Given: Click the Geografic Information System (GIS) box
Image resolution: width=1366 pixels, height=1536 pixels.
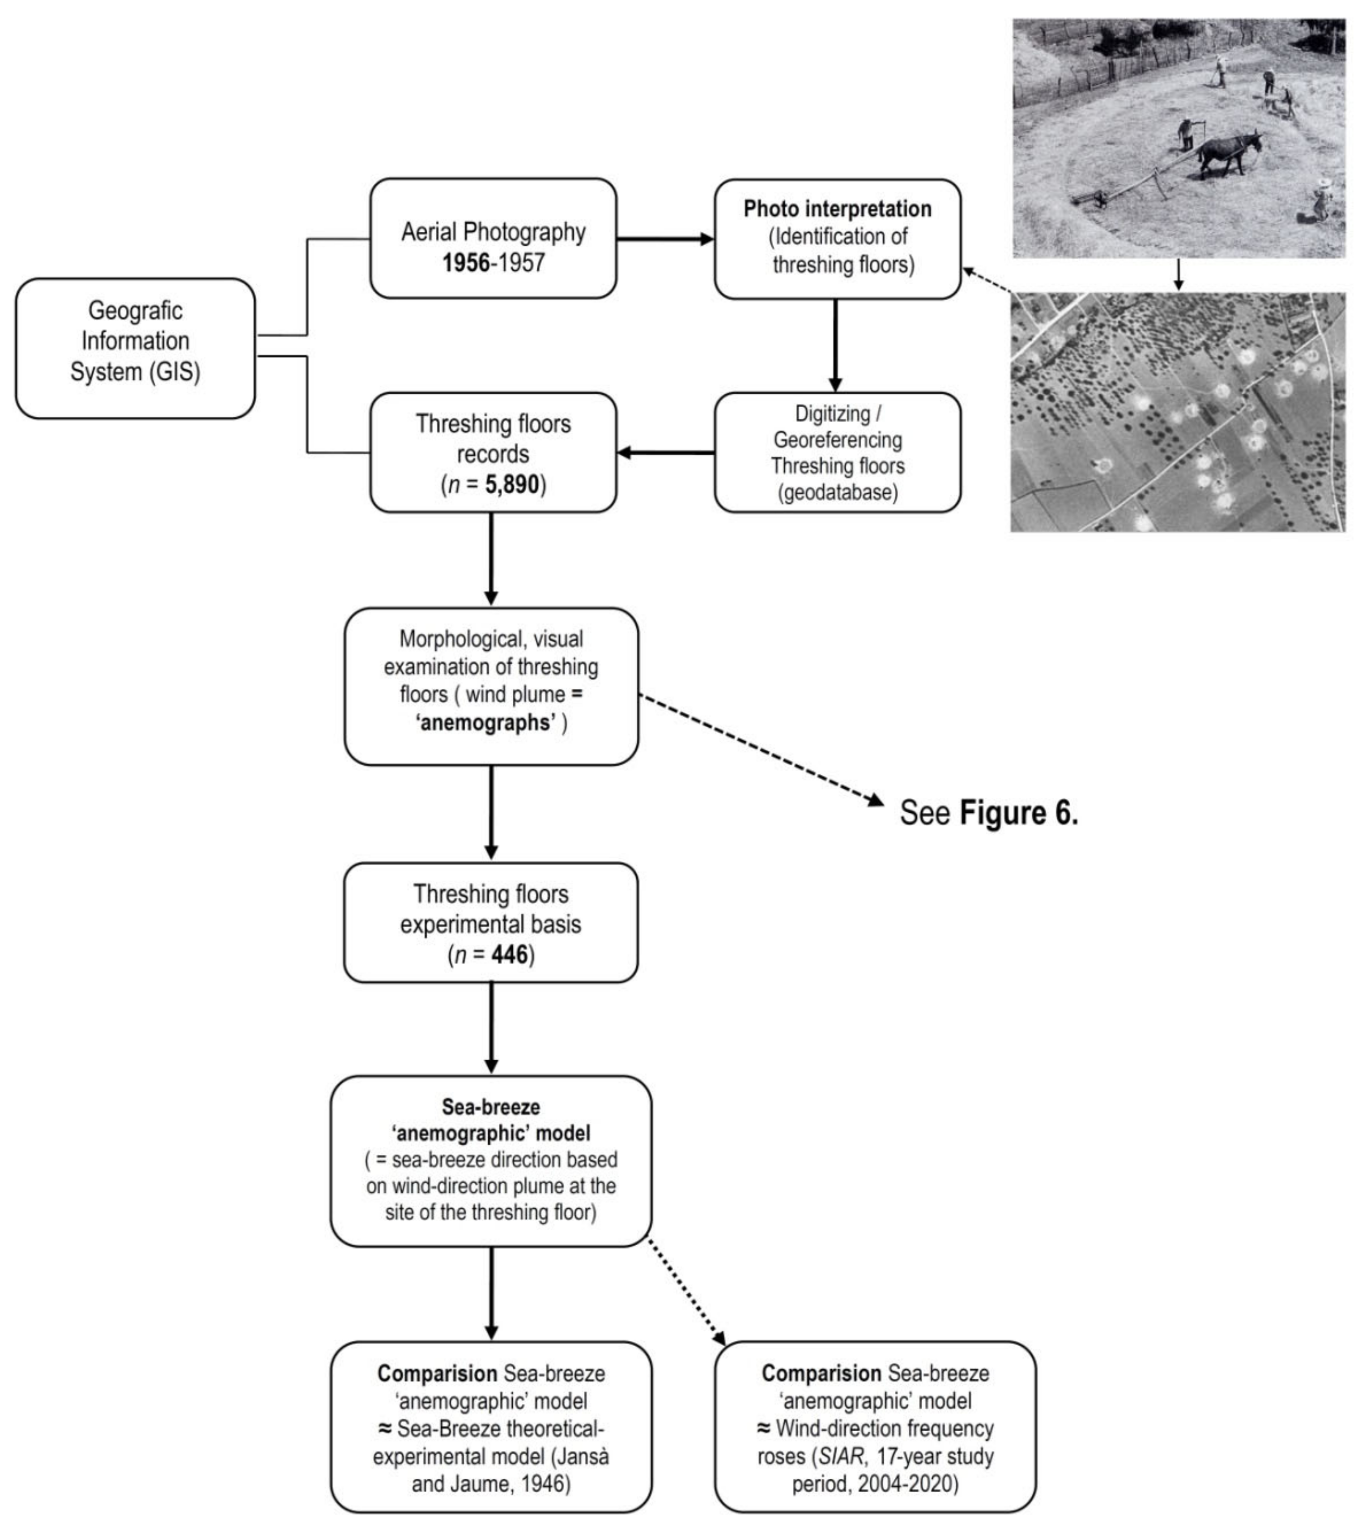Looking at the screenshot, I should pos(135,348).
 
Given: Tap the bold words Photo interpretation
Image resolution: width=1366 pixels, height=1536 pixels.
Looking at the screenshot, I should pos(837,209).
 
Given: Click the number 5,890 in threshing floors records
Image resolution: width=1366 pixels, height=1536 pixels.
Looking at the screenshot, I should pos(512,485).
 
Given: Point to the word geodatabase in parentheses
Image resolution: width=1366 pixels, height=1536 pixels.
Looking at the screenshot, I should pos(837,492).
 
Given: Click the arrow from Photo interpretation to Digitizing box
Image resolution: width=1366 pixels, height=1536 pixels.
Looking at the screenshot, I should pos(835,345).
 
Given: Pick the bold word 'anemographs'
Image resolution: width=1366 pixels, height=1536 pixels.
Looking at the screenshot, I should pos(486,722).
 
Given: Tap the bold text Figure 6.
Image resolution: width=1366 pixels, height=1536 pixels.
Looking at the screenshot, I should pos(1019,813).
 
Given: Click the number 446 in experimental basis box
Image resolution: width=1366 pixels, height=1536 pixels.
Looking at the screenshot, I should pos(510,955).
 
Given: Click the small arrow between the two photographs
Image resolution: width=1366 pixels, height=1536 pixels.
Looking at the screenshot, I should pos(1178,275).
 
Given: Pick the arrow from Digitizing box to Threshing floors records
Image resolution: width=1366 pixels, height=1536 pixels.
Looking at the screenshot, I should pos(665,453).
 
